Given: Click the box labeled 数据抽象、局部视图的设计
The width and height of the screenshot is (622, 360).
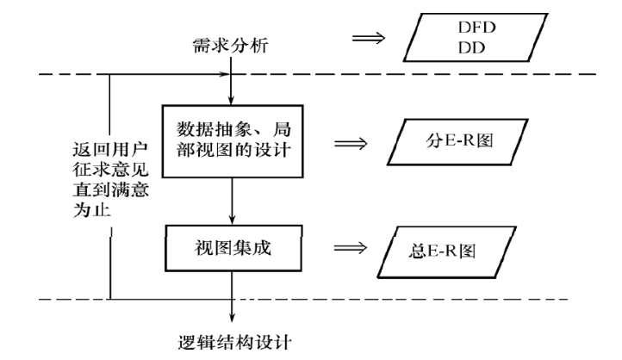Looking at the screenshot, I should coord(233,140).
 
